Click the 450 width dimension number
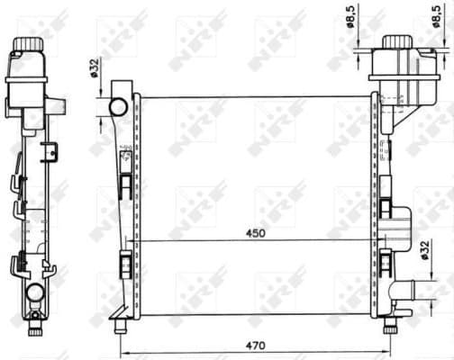[x=257, y=233]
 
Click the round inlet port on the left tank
[x=118, y=107]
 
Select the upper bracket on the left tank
[x=125, y=184]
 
